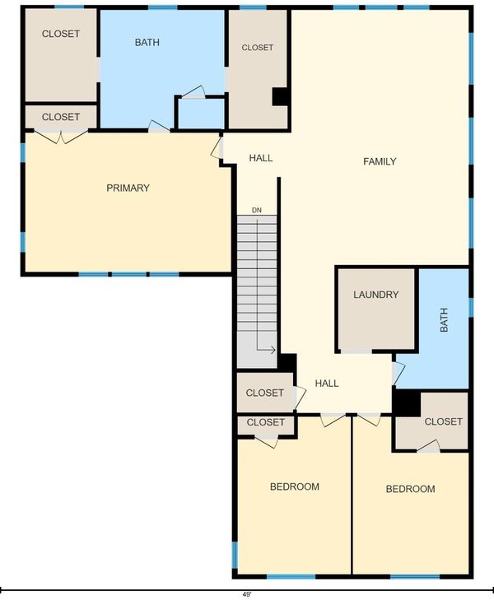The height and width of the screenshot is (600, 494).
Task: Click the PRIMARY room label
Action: click(x=128, y=188)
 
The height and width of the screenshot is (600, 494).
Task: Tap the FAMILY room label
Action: click(x=380, y=161)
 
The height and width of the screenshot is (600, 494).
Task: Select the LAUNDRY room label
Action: click(x=375, y=295)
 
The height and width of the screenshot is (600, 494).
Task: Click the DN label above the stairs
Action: click(x=257, y=210)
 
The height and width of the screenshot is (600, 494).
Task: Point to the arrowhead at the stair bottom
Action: click(x=273, y=349)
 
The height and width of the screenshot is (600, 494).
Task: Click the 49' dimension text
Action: click(x=247, y=594)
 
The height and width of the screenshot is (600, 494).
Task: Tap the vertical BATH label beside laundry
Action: click(x=444, y=319)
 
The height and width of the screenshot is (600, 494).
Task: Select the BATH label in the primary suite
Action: click(x=147, y=42)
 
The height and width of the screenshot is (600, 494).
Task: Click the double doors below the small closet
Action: click(x=61, y=137)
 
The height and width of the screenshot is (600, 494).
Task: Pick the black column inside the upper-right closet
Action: click(x=281, y=97)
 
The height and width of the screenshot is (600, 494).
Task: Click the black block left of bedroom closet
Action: click(x=407, y=402)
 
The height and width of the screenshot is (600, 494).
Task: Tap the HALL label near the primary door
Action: click(x=261, y=158)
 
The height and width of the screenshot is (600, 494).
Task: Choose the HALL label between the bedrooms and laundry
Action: click(x=327, y=384)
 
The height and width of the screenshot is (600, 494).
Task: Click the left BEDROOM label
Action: click(x=295, y=486)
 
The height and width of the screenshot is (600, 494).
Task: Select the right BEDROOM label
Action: click(x=410, y=489)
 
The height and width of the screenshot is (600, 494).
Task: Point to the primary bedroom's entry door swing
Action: click(x=217, y=147)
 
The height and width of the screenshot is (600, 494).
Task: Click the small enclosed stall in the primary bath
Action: click(x=201, y=114)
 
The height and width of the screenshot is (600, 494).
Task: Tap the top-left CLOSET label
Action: click(x=61, y=34)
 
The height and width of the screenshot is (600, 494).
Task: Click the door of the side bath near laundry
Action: click(x=398, y=373)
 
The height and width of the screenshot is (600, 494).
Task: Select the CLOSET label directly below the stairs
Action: click(x=265, y=393)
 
